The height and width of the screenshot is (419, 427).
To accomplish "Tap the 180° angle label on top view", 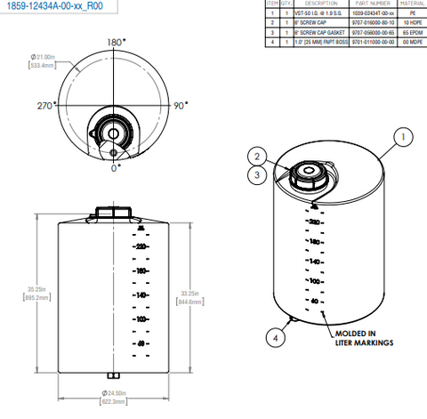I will [116, 42].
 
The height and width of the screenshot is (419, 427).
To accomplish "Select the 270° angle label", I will [45, 105].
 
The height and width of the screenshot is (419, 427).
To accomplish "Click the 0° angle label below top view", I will [115, 166].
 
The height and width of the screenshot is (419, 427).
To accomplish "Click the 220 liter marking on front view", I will [140, 247].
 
